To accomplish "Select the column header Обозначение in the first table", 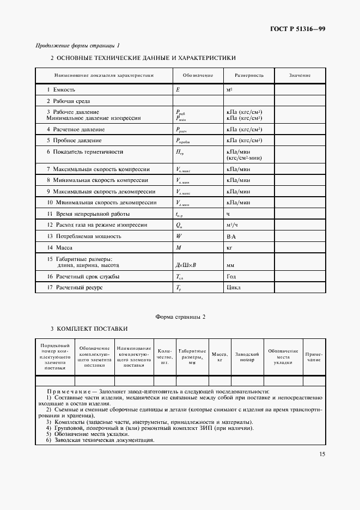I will (198, 75).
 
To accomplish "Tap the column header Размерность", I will (249, 75).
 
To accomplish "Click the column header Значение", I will (300, 75).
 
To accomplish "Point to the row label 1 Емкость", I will (61, 89).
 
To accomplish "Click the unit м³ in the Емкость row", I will (229, 89).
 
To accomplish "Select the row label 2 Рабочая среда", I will (68, 101).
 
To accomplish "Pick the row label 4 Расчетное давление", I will (75, 130).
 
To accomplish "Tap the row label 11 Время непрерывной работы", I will (83, 214).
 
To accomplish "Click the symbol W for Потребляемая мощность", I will (179, 236).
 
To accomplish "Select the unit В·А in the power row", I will (231, 236).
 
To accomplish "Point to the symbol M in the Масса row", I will (178, 247).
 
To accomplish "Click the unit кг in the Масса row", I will (229, 247).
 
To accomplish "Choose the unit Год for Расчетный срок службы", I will (230, 276).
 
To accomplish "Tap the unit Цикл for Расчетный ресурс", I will (233, 287).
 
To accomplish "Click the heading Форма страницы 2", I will (180, 317).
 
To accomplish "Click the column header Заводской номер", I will (247, 357).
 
